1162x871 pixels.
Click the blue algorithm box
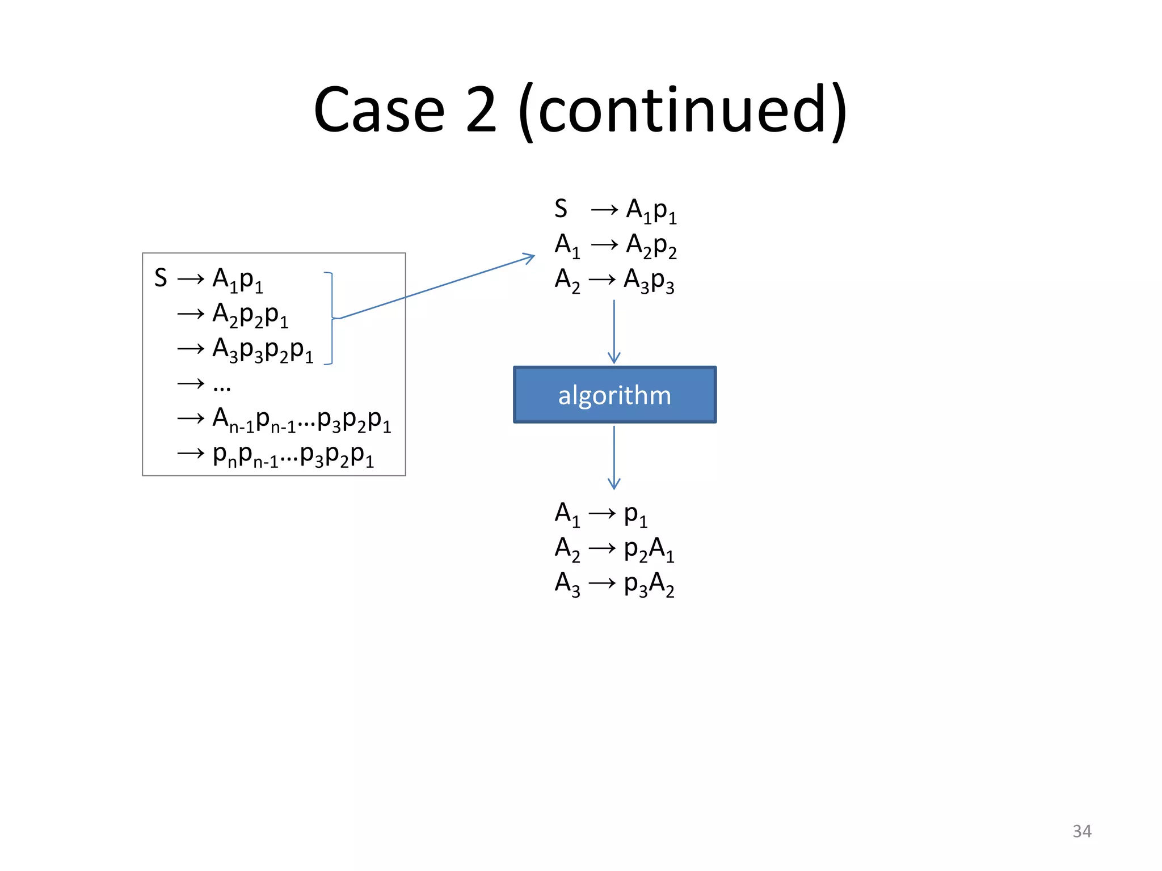tap(614, 395)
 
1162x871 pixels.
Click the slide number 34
tap(1081, 831)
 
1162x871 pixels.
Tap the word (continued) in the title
tap(683, 111)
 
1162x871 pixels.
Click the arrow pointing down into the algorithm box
tap(614, 332)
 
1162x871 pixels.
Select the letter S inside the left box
tap(161, 278)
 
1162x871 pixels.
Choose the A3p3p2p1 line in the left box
tap(262, 349)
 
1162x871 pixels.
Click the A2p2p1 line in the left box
tap(250, 314)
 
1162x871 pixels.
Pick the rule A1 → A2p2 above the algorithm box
tap(615, 245)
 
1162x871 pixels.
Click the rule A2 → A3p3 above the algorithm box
tap(614, 280)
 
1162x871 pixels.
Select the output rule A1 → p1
tap(601, 514)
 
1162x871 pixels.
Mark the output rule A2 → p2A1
tap(614, 549)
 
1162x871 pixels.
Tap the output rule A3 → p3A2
tap(614, 584)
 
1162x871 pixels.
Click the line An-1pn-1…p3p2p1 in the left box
tap(301, 420)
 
